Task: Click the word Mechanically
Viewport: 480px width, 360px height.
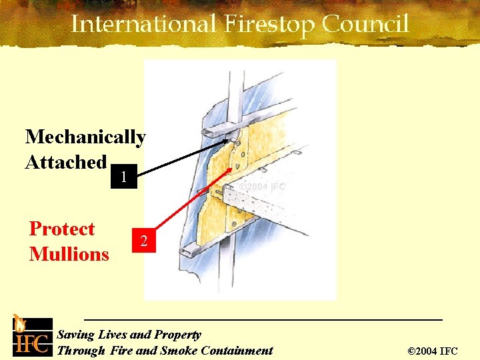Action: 85,137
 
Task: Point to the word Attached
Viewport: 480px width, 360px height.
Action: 65,162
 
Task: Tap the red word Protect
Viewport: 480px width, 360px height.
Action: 62,229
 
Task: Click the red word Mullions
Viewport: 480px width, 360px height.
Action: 69,254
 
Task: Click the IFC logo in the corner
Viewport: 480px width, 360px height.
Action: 31,336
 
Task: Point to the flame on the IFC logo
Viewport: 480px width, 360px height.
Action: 21,322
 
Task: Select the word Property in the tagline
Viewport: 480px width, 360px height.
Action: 177,335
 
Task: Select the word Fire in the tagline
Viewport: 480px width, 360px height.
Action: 121,351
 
